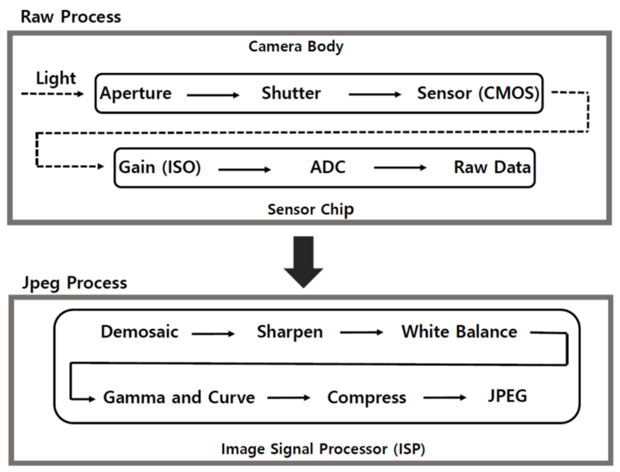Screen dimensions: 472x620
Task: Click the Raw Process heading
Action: coord(71,17)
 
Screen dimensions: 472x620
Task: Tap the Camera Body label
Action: coord(296,47)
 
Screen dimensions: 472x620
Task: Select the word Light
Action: coord(56,78)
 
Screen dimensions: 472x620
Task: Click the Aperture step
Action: coord(136,93)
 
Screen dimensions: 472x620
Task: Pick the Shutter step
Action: coord(291,93)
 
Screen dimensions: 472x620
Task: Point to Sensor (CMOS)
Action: coord(478,93)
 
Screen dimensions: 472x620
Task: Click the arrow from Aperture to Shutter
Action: coord(213,95)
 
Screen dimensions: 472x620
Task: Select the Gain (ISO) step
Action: coord(160,167)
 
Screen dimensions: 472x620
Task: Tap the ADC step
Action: coord(328,167)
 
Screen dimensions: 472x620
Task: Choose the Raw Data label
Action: coord(492,167)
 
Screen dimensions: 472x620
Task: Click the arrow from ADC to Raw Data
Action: coord(400,168)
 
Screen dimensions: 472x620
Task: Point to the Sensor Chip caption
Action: coord(311,210)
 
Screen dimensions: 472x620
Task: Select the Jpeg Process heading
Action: coord(74,283)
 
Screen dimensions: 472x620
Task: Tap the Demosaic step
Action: coord(139,332)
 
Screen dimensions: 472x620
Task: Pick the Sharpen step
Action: coord(290,332)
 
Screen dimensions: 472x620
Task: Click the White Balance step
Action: coord(459,332)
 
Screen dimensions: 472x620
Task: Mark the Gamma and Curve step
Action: coord(179,398)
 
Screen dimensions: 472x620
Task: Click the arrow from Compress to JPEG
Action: coord(445,398)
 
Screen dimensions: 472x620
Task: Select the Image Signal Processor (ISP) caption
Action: coord(323,449)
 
